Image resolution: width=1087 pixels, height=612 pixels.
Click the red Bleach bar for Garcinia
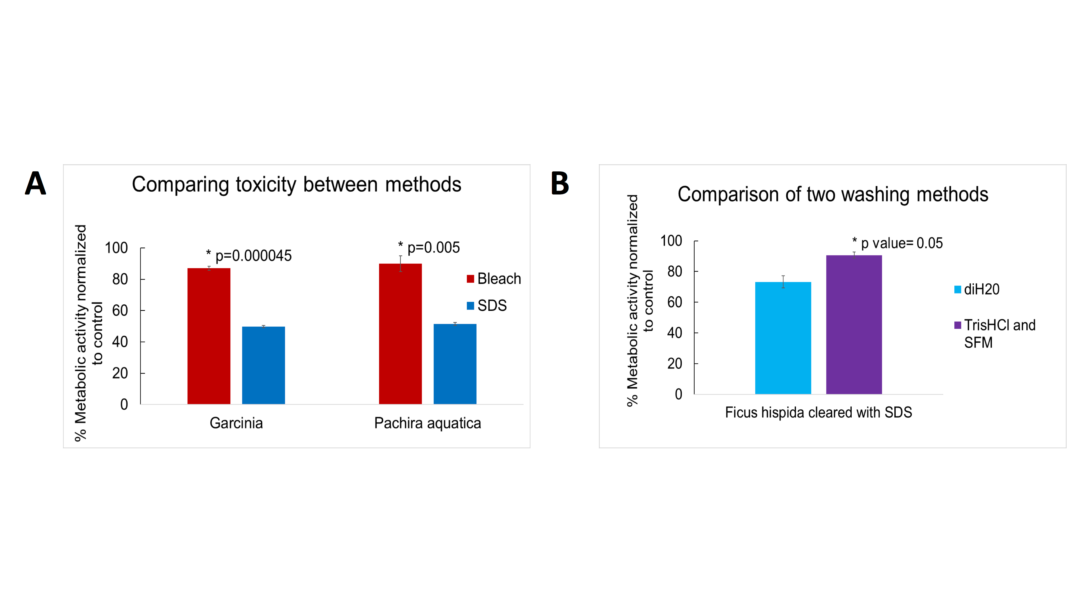point(209,336)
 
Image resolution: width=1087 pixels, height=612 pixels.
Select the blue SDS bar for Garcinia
point(263,365)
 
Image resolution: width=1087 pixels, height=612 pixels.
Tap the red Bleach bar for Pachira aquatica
point(400,334)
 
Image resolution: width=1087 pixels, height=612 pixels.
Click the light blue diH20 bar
point(783,338)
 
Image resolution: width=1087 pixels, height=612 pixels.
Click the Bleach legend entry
point(494,279)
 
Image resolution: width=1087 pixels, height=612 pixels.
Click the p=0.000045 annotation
point(249,255)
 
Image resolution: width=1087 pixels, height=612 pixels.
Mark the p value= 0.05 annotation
point(898,243)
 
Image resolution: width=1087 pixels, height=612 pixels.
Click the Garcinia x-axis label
point(236,423)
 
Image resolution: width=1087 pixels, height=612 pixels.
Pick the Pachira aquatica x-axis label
point(427,423)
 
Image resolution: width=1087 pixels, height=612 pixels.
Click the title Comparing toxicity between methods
point(296,185)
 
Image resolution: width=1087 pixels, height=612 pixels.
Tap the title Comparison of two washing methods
point(833,194)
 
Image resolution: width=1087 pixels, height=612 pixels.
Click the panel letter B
point(560,183)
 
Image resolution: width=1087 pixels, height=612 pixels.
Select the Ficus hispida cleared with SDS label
point(818,412)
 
